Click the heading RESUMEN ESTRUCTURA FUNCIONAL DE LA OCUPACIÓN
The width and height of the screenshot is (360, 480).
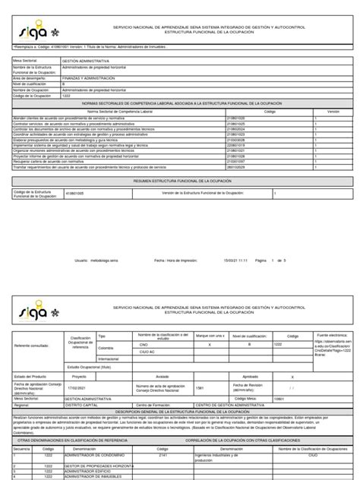point(179,182)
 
